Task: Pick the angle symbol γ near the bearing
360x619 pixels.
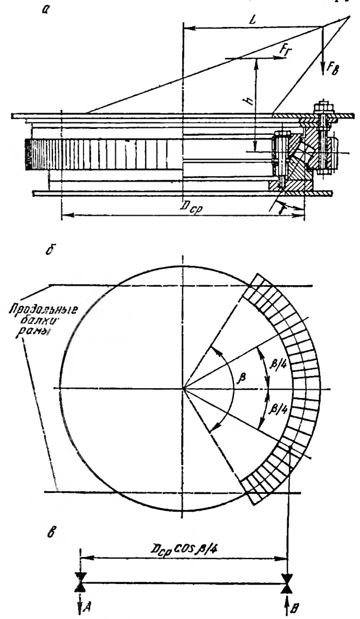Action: [281, 206]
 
